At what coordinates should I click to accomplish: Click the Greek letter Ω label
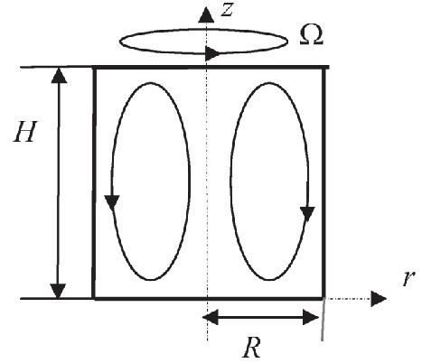tap(309, 35)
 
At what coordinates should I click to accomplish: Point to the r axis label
tap(405, 275)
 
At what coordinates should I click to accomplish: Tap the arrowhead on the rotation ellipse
tap(212, 53)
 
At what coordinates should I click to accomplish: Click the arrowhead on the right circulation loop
tap(307, 212)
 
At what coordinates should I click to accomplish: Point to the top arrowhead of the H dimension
tap(60, 76)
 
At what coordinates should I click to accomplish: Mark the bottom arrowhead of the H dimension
tap(60, 289)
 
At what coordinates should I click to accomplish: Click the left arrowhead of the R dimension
tap(209, 317)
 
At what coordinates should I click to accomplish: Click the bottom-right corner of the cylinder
tap(324, 298)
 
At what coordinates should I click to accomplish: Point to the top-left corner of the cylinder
tap(95, 67)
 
